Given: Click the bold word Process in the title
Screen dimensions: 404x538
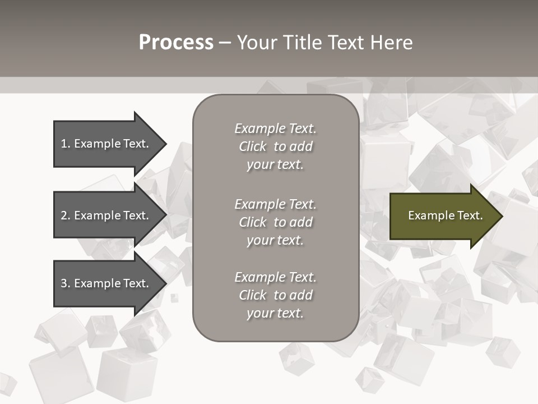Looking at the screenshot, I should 176,43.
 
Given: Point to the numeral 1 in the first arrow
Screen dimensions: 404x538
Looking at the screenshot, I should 64,144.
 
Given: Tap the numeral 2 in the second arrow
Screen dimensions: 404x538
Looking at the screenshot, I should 64,215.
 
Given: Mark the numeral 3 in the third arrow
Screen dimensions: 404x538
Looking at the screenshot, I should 64,283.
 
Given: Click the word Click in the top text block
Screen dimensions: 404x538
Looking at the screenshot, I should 253,146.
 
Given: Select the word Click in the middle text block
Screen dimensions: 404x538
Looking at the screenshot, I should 253,222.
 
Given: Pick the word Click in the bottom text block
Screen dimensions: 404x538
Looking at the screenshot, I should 253,295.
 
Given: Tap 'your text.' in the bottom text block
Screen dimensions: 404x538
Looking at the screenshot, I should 275,313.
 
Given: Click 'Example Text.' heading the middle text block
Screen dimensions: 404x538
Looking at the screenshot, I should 275,204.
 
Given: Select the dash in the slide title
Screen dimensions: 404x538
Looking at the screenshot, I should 225,43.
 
